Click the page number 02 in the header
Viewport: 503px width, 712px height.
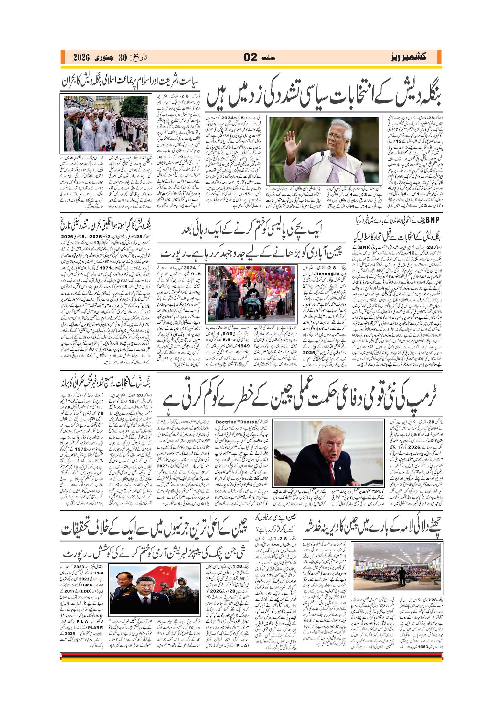[x=250, y=57]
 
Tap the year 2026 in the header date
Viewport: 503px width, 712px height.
[x=81, y=58]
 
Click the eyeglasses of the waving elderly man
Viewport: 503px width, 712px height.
[x=334, y=136]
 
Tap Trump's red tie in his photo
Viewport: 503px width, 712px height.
[x=332, y=472]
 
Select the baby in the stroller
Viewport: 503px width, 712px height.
[x=252, y=300]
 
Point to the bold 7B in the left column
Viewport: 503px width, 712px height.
[x=100, y=413]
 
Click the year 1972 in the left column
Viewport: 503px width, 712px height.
[x=80, y=449]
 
